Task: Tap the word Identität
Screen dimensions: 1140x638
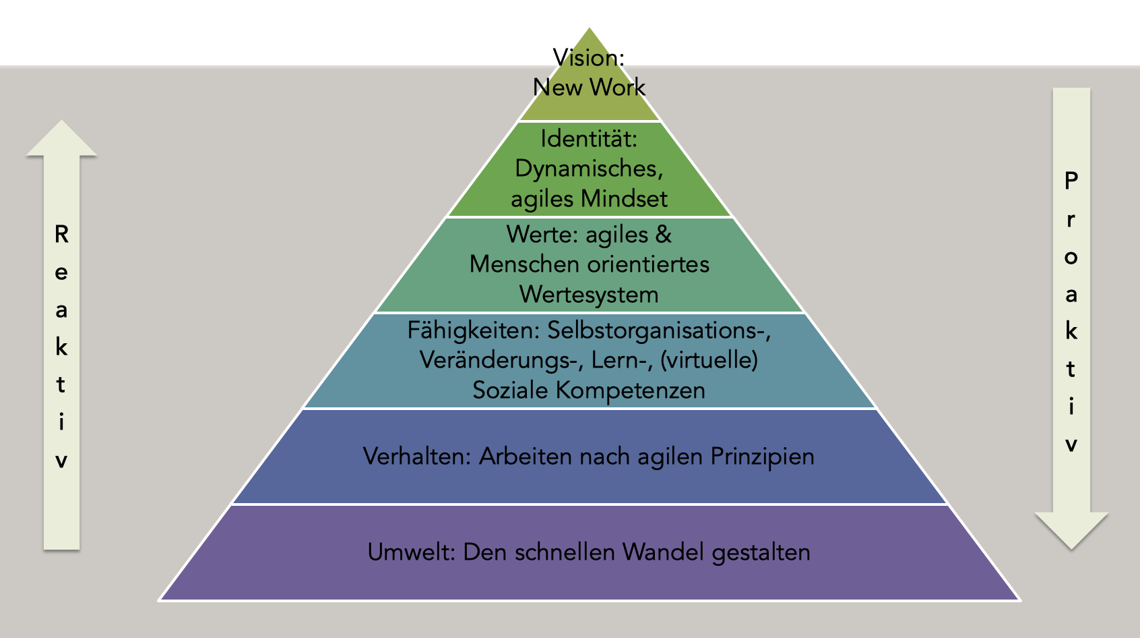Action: coord(589,139)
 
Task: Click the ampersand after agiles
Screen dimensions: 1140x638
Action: coord(663,235)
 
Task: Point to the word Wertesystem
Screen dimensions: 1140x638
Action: coord(589,295)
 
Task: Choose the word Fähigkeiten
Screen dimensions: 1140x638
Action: coord(473,330)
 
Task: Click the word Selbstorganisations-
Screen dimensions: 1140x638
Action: coord(659,330)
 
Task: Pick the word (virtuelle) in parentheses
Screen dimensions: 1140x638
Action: coord(709,360)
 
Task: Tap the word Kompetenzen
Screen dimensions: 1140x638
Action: coord(630,390)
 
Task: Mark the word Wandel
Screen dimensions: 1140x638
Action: coord(664,552)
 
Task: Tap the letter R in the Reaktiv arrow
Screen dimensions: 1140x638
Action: coord(61,235)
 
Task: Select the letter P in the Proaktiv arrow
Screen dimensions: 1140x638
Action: coord(1071,180)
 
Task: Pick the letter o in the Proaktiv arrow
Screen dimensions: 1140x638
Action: coord(1071,258)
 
